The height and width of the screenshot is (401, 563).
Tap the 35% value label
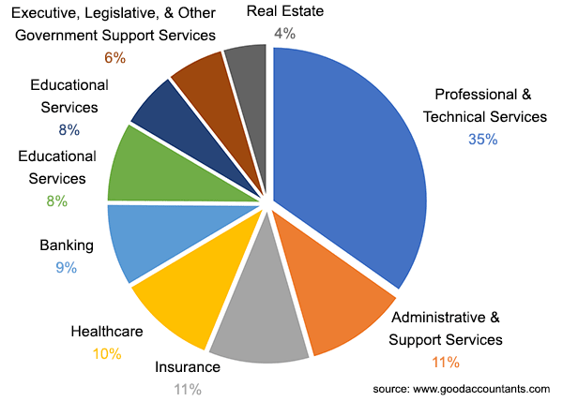click(x=483, y=140)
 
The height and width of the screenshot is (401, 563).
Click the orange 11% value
click(x=446, y=362)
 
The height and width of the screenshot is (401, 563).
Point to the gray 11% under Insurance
click(x=188, y=389)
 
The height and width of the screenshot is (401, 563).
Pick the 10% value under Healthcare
click(x=108, y=352)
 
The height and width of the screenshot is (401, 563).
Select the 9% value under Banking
click(x=66, y=268)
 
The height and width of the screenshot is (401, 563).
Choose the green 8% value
click(x=56, y=200)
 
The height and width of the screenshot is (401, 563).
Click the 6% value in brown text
click(x=114, y=58)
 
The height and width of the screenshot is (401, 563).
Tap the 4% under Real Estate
click(x=284, y=33)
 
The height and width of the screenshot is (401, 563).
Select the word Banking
click(x=67, y=245)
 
